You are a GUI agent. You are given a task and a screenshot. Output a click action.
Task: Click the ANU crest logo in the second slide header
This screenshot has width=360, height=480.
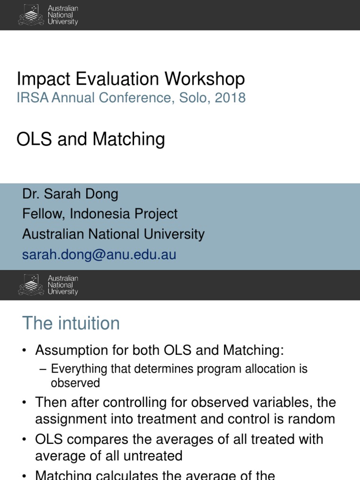click(31, 285)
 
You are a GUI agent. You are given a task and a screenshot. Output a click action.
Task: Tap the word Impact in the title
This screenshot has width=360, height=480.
click(40, 79)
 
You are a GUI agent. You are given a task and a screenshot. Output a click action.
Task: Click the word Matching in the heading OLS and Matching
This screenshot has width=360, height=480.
click(129, 139)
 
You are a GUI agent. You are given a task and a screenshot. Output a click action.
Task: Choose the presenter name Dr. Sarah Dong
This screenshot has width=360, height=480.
click(70, 194)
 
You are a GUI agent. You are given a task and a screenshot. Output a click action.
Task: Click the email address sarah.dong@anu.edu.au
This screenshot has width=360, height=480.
click(99, 255)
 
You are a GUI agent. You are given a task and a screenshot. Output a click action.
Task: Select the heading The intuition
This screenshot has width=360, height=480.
click(71, 323)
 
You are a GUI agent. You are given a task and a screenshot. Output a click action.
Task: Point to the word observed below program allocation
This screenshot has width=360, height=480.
click(75, 383)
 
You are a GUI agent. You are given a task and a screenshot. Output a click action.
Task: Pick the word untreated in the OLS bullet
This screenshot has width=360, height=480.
click(148, 456)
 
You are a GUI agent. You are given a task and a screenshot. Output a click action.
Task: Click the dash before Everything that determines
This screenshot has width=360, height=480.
click(44, 369)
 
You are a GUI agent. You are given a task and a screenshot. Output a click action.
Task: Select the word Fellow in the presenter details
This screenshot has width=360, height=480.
click(43, 214)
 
